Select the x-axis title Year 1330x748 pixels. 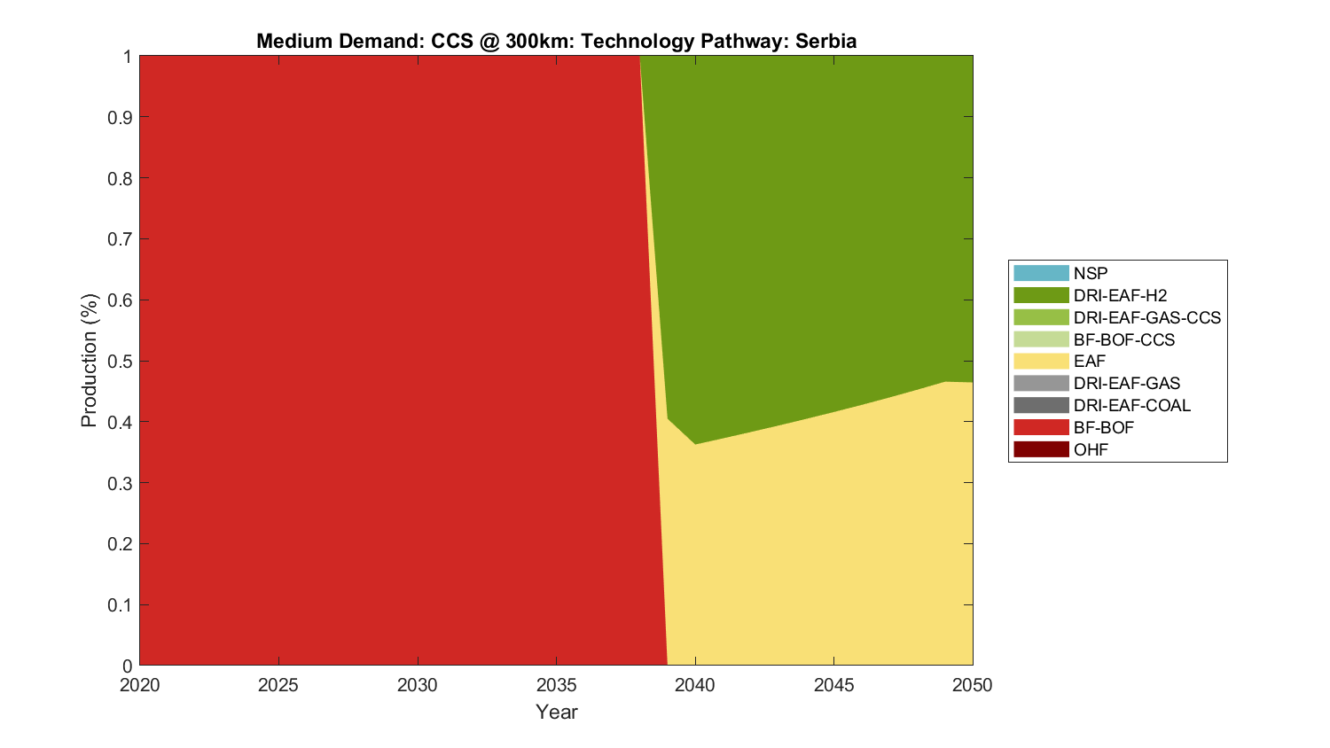(x=557, y=712)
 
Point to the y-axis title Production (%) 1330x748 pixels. (x=89, y=361)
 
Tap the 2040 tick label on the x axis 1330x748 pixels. (x=695, y=685)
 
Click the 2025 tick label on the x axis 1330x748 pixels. (x=278, y=685)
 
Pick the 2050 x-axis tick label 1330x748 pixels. (x=973, y=685)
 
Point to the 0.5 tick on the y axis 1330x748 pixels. (x=120, y=361)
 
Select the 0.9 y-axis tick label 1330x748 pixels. (x=120, y=117)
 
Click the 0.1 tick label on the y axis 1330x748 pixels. (x=120, y=605)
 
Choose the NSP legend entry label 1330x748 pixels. (x=1091, y=274)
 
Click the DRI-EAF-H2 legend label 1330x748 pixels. (x=1120, y=296)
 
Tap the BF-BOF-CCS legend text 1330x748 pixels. (x=1124, y=340)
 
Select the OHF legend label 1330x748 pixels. (x=1091, y=450)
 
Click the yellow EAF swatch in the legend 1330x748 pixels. (x=1041, y=362)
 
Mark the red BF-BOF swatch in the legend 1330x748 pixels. (x=1041, y=428)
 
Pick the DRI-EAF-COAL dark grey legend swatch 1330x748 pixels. (x=1041, y=406)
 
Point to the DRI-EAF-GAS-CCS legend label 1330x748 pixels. (x=1147, y=318)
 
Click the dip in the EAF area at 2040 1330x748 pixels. (x=695, y=444)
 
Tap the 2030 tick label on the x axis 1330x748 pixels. (x=418, y=685)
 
